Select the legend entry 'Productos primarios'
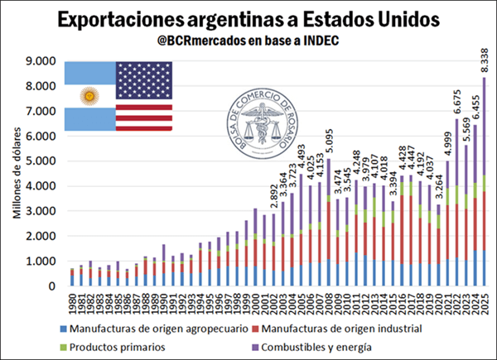pyautogui.click(x=124, y=347)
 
